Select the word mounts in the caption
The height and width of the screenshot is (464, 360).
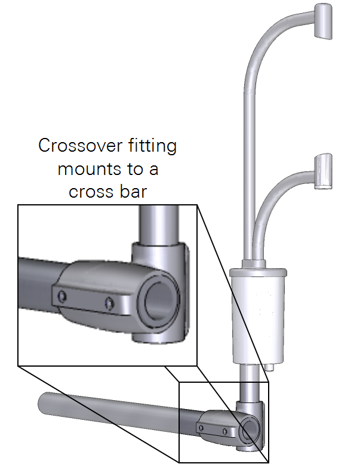pos(85,169)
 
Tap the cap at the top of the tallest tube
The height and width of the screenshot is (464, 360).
pos(323,21)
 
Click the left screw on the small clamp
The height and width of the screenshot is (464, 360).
pos(202,426)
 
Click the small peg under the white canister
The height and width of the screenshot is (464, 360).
pos(269,368)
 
